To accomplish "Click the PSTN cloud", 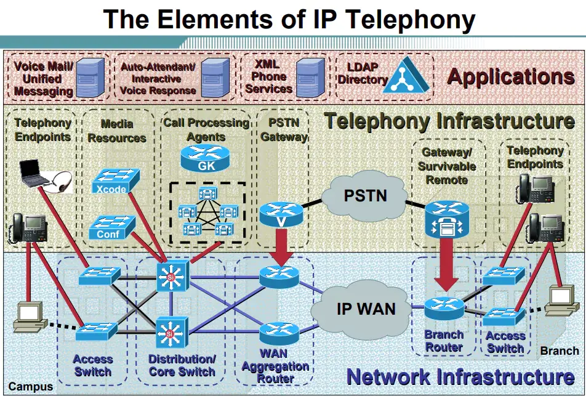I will click(x=365, y=196).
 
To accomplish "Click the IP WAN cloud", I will click(x=366, y=308).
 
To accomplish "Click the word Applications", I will click(x=510, y=77).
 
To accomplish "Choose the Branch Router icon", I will click(x=444, y=306).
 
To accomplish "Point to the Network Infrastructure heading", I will click(x=460, y=376).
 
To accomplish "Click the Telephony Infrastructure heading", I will click(x=449, y=121).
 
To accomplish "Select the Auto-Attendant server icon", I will click(x=214, y=76).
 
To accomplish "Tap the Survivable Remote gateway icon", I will click(x=444, y=219).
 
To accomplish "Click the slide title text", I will click(x=289, y=19).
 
